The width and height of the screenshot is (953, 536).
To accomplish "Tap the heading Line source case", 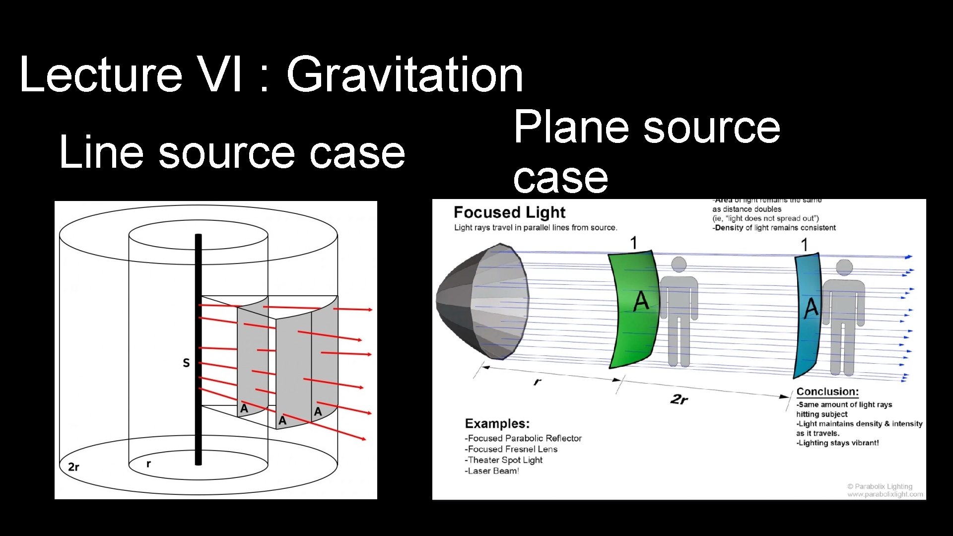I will click(232, 152).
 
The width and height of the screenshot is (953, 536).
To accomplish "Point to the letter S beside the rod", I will click(186, 363).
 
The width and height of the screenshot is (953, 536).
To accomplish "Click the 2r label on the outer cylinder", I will click(73, 467).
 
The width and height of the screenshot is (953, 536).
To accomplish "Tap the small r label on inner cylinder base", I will click(148, 464).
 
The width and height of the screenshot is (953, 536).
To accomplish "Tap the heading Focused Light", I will click(509, 212).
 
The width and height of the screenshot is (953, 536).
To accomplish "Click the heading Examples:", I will click(497, 423).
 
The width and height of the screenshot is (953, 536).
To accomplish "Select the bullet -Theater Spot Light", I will click(503, 460).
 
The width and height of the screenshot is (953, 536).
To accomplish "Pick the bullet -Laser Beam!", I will click(491, 471).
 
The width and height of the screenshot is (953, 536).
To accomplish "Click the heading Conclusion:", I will click(827, 392).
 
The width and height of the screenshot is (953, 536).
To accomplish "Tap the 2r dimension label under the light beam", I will click(679, 399).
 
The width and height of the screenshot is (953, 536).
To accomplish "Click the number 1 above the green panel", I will click(633, 243).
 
